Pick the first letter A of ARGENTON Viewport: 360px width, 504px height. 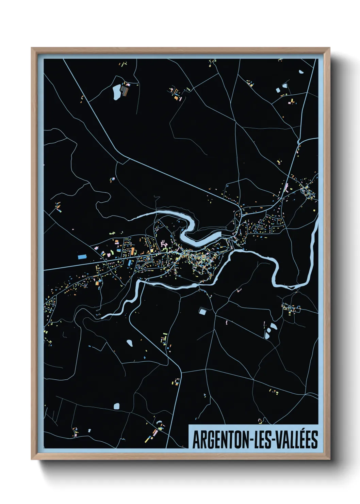pyautogui.click(x=196, y=440)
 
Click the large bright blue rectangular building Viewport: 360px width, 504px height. pyautogui.click(x=82, y=257)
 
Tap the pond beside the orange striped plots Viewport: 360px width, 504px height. pyautogui.click(x=116, y=92)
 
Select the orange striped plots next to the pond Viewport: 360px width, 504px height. pyautogui.click(x=125, y=91)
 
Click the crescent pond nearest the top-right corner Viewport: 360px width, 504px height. pyautogui.click(x=301, y=72)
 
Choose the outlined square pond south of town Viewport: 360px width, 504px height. pyautogui.click(x=202, y=311)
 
